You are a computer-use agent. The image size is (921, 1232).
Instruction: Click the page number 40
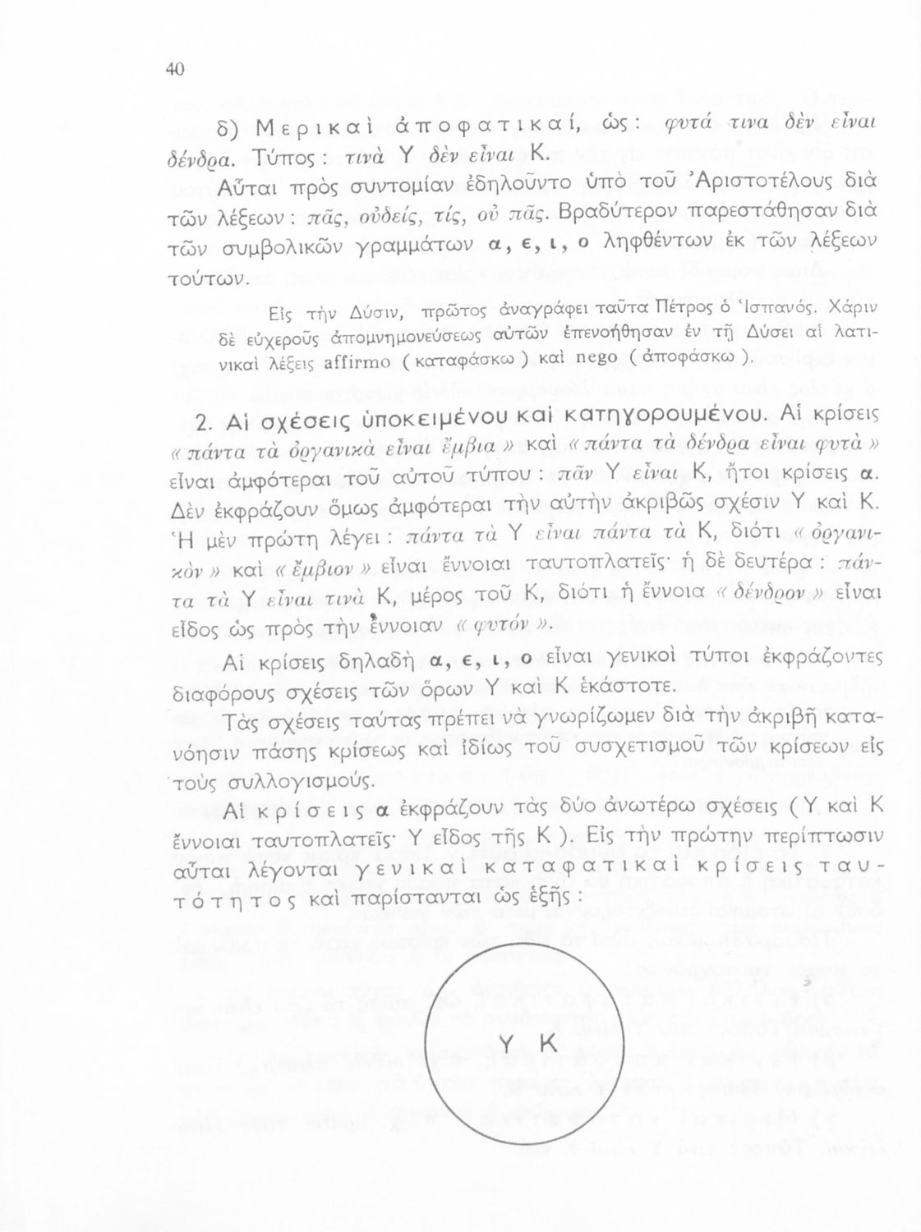pyautogui.click(x=174, y=70)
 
